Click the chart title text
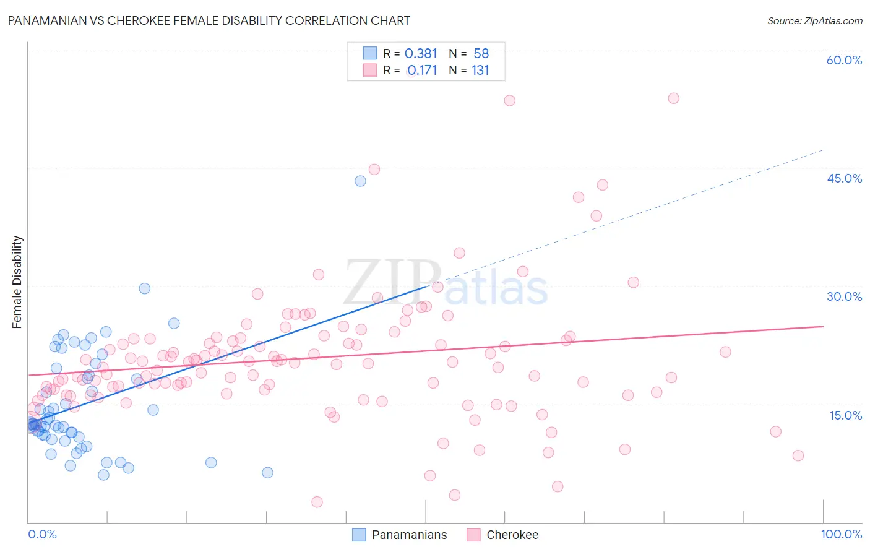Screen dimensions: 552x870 pyautogui.click(x=209, y=20)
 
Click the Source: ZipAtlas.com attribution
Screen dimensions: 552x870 pyautogui.click(x=814, y=20)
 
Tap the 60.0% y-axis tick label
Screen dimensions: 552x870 pyautogui.click(x=844, y=60)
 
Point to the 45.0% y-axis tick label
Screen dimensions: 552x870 pyautogui.click(x=844, y=178)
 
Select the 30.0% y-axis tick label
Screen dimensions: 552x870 pyautogui.click(x=844, y=296)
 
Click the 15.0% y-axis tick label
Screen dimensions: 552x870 pyautogui.click(x=845, y=415)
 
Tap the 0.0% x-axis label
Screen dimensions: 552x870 pyautogui.click(x=42, y=534)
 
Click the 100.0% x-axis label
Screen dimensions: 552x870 pyautogui.click(x=841, y=534)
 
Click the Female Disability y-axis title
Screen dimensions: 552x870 pyautogui.click(x=17, y=282)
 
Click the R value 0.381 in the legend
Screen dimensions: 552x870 pyautogui.click(x=421, y=54)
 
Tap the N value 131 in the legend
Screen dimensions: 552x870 pyautogui.click(x=480, y=70)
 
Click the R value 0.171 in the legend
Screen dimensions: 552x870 pyautogui.click(x=422, y=70)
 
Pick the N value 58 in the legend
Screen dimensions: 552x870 pyautogui.click(x=481, y=54)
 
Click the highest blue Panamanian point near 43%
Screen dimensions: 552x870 pyautogui.click(x=360, y=181)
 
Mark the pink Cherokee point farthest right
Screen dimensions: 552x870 pyautogui.click(x=798, y=455)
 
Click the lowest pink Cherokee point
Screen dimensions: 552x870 pyautogui.click(x=317, y=502)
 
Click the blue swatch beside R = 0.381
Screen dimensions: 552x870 pyautogui.click(x=369, y=53)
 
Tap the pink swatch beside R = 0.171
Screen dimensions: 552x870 pyautogui.click(x=369, y=70)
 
